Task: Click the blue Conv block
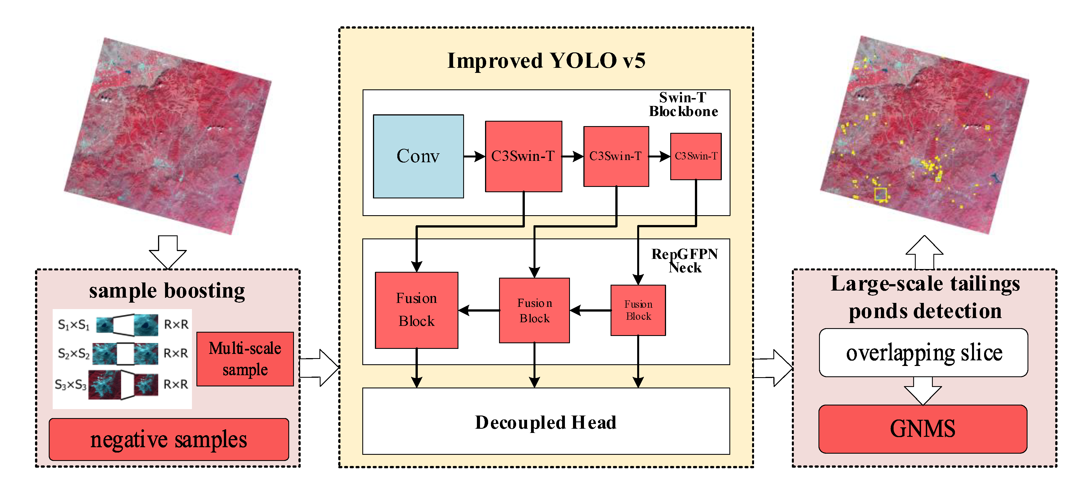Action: pos(418,156)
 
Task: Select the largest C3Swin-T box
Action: pos(523,156)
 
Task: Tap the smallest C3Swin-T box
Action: pos(696,156)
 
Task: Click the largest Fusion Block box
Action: pos(416,310)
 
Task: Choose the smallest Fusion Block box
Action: pos(638,310)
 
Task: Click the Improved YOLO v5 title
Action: pos(546,61)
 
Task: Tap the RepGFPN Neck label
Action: pos(684,260)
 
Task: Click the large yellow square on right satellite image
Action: pos(880,194)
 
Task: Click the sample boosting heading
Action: pos(167,291)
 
